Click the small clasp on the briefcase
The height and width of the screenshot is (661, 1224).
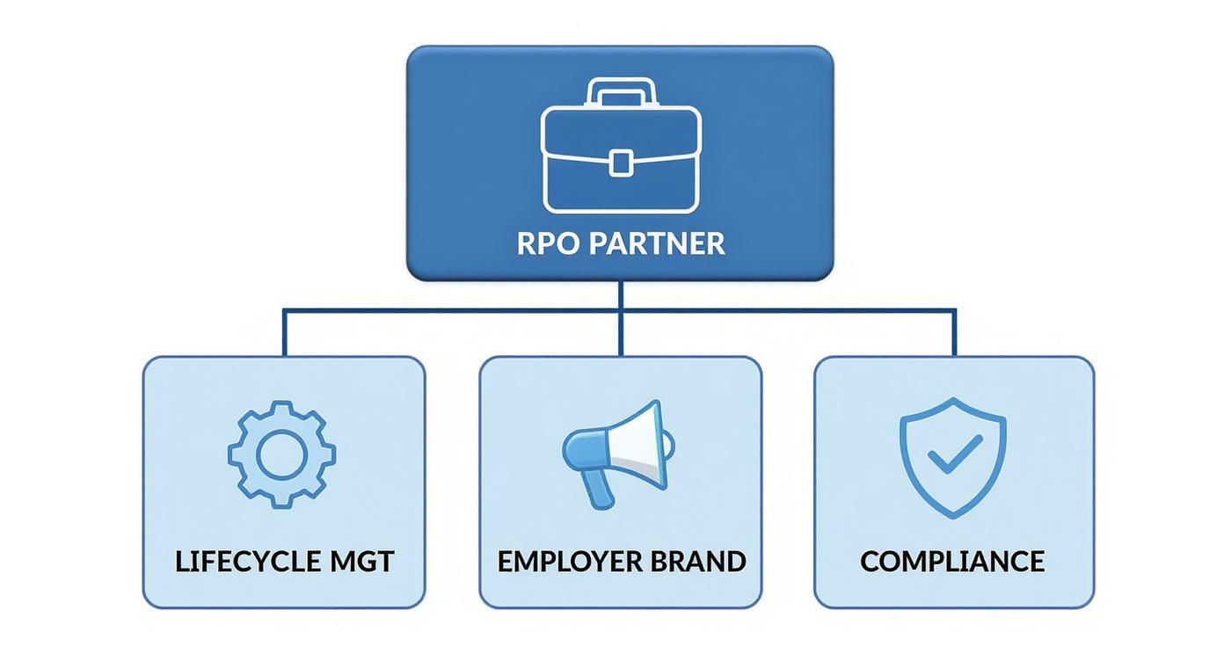pyautogui.click(x=621, y=163)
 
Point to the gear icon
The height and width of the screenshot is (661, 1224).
pyautogui.click(x=281, y=454)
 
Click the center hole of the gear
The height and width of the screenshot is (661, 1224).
pyautogui.click(x=281, y=454)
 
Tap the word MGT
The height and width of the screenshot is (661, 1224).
pyautogui.click(x=363, y=562)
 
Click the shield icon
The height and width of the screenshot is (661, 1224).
pyautogui.click(x=953, y=454)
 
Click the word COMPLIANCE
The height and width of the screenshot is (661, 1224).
pyautogui.click(x=953, y=562)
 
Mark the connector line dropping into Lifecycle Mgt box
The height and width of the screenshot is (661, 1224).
pyautogui.click(x=284, y=334)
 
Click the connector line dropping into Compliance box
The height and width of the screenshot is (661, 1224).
pyautogui.click(x=955, y=334)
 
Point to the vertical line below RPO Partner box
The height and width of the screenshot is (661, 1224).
pyautogui.click(x=621, y=295)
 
